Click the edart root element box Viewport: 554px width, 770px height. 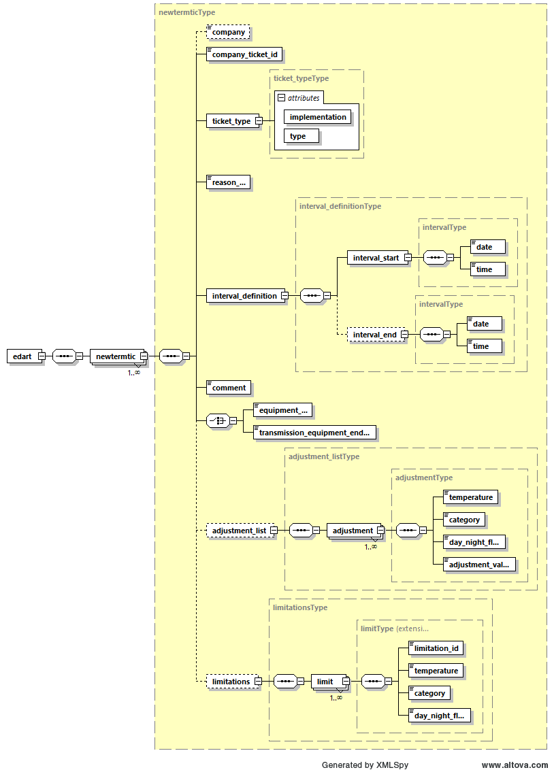click(x=22, y=356)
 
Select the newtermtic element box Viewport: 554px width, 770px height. click(x=115, y=356)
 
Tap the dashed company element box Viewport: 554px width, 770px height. click(x=229, y=32)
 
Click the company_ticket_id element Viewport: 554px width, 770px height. click(x=244, y=54)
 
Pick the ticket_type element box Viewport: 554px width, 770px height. click(x=231, y=121)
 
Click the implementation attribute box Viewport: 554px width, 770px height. click(x=318, y=117)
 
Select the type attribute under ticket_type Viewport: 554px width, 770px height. click(x=298, y=136)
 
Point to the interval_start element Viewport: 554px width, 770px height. click(x=376, y=258)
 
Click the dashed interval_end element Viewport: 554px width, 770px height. click(x=374, y=335)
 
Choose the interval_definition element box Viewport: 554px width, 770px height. click(x=244, y=296)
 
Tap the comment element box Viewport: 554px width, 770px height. click(x=229, y=388)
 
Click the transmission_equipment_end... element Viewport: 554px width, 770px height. click(x=314, y=433)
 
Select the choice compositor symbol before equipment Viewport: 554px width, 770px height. click(x=217, y=420)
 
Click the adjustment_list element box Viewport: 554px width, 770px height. click(x=239, y=531)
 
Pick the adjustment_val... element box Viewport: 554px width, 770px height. click(x=479, y=565)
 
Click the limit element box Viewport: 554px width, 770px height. click(x=325, y=681)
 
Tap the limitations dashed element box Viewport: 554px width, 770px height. click(x=231, y=681)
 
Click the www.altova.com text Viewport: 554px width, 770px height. click(x=515, y=765)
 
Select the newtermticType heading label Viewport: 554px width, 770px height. click(x=186, y=12)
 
